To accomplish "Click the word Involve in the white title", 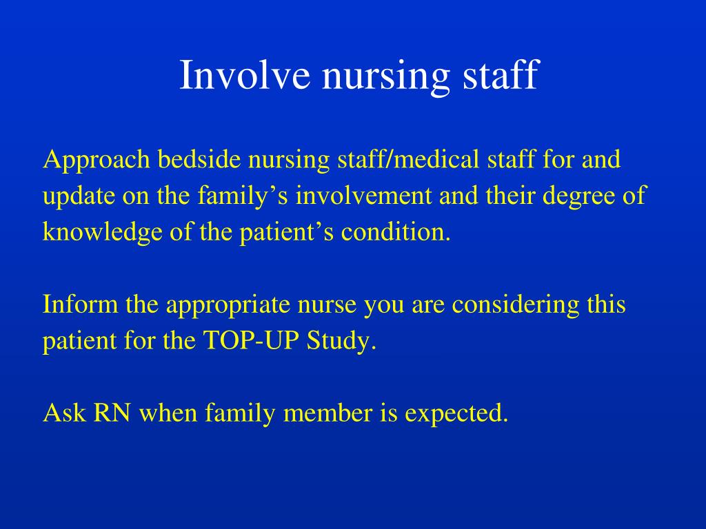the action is click(x=245, y=74).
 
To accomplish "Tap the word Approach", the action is click(x=97, y=160).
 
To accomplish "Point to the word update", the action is click(x=79, y=197).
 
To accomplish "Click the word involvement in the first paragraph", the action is click(x=363, y=196).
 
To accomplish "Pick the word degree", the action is click(x=578, y=197).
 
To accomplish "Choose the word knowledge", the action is click(x=102, y=233).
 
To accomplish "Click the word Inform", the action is click(x=80, y=304).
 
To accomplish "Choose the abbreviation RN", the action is click(x=112, y=413).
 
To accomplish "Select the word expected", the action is click(x=456, y=414).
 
